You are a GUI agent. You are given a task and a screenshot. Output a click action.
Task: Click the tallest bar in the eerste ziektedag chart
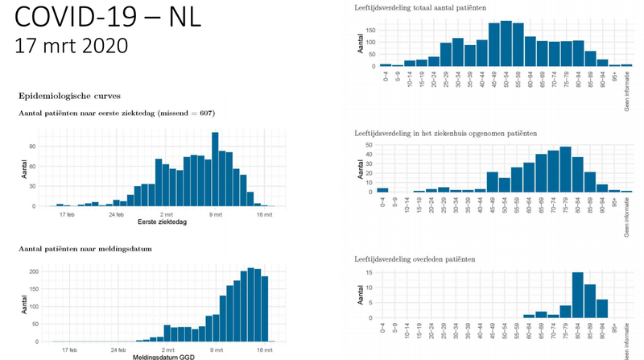point(215,169)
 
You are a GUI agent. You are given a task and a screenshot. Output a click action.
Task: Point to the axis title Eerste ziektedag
point(167,221)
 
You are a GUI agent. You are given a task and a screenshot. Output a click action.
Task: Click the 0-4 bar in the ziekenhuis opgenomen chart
point(382,191)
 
